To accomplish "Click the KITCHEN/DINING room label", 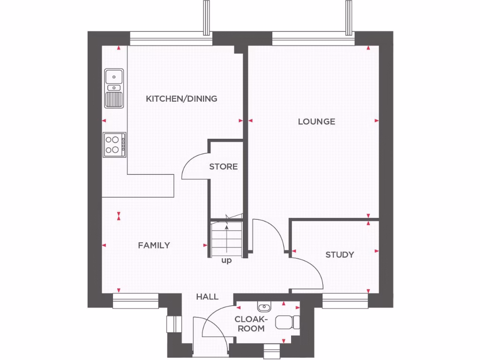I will [x=181, y=98].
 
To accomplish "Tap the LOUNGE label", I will [x=316, y=121].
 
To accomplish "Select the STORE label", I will [x=223, y=166].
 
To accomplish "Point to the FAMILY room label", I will [x=154, y=245].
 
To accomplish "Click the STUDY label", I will [x=339, y=255].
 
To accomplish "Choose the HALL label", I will [x=207, y=296].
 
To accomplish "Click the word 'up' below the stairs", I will [x=226, y=261].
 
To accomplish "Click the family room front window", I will [x=136, y=301].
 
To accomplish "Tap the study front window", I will [x=345, y=301].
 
